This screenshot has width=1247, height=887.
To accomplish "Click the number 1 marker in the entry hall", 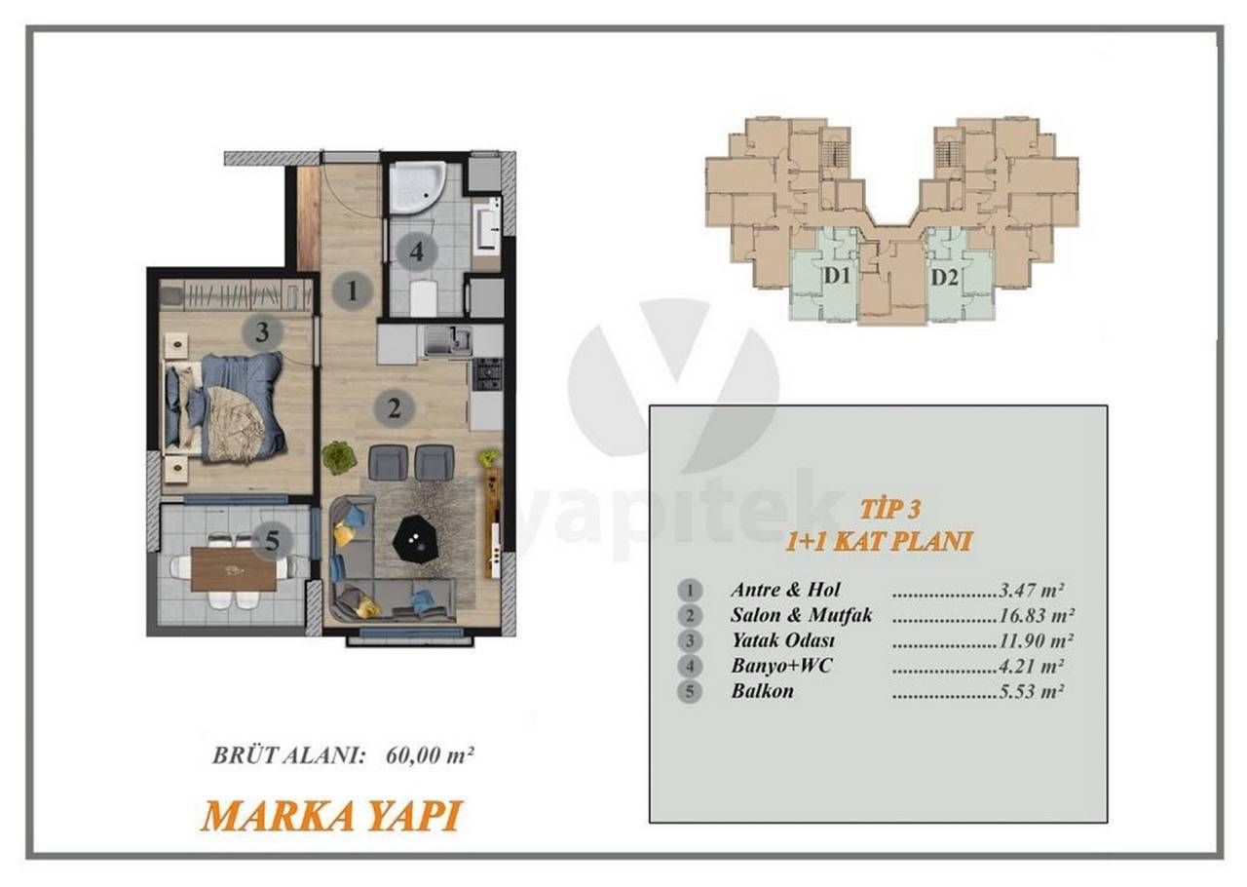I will click(352, 289).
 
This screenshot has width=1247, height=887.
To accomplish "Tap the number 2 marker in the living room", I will click(394, 407).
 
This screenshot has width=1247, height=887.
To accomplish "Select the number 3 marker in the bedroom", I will click(261, 332).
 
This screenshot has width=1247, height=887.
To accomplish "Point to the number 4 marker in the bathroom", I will click(416, 251).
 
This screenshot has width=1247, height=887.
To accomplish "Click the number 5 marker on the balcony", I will click(272, 539).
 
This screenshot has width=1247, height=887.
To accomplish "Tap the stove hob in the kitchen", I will click(487, 373).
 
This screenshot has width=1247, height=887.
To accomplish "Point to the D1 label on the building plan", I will click(837, 277).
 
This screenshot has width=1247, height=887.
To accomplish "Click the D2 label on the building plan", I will click(944, 277).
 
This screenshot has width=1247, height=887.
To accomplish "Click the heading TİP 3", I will click(890, 508).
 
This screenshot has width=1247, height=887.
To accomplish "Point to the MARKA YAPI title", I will click(330, 816).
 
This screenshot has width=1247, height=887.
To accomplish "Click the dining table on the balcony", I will click(234, 569).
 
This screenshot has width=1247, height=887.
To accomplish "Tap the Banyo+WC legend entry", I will click(780, 667).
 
